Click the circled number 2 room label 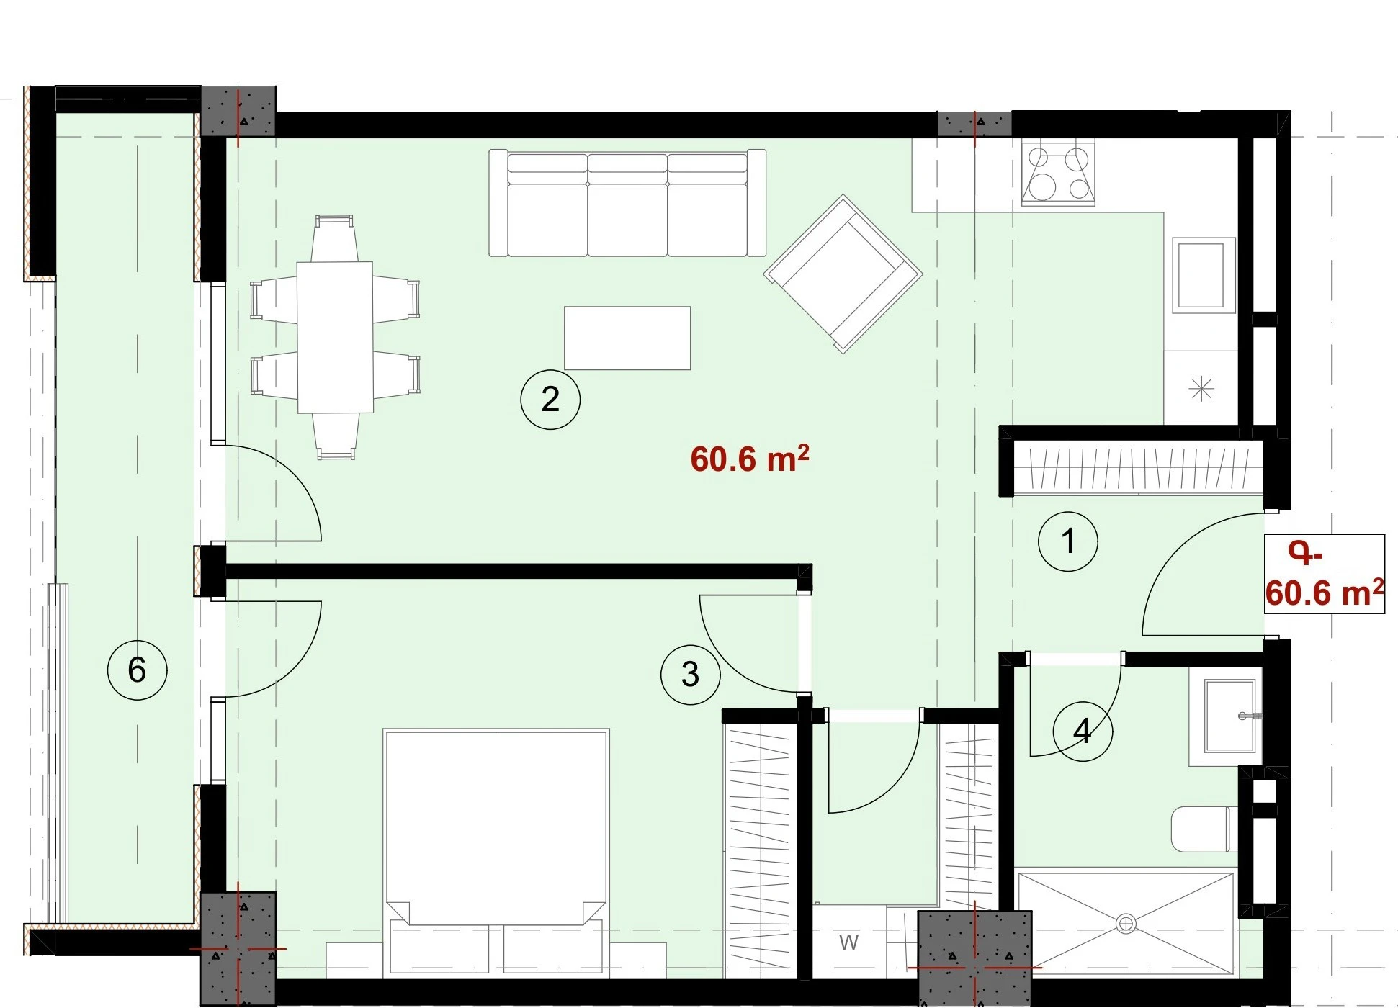[550, 400]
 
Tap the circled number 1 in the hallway [1068, 541]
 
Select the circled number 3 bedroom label [690, 674]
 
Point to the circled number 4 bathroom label [1083, 732]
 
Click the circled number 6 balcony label [137, 670]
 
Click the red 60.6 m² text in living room [749, 459]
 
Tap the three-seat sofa [627, 203]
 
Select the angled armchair [843, 274]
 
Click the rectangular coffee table [627, 338]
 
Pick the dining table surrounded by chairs [336, 337]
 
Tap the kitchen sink [1204, 275]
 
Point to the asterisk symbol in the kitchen [1201, 390]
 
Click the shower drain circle [1126, 923]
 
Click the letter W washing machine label [848, 942]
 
